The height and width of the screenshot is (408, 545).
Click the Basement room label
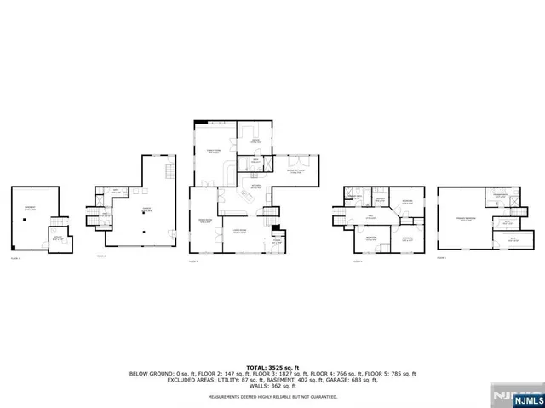31,208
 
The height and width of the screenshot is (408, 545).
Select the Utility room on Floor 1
59,239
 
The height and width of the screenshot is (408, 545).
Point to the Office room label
254,141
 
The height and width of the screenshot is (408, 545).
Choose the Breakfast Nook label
295,171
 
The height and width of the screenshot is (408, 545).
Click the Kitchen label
255,187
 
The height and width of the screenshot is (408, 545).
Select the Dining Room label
204,220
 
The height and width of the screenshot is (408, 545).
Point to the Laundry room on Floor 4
382,201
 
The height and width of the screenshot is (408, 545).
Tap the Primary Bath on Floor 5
502,197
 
